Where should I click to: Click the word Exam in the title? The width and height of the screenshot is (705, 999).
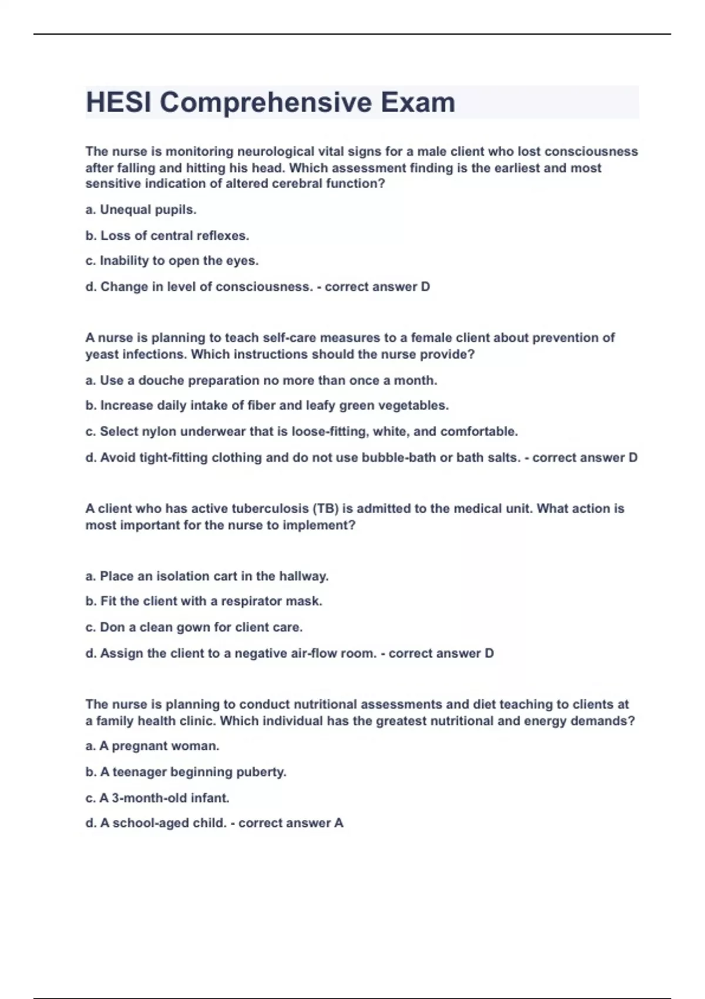(417, 102)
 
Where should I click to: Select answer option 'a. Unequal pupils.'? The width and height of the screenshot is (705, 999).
(141, 210)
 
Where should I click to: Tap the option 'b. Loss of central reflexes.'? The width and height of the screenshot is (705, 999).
(167, 236)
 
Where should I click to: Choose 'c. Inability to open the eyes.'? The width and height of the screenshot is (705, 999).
(172, 261)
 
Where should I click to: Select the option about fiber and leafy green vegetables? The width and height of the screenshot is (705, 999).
(267, 405)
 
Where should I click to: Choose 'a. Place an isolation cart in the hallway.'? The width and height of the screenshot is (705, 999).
(207, 576)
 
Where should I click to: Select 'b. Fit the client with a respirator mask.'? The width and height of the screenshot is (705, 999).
(204, 602)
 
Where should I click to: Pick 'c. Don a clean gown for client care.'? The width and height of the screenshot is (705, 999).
(194, 628)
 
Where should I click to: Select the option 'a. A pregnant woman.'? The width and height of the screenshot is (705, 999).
(152, 746)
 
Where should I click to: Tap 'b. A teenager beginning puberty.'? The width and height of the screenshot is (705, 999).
(186, 772)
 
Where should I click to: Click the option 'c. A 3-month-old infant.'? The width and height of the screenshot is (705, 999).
(157, 798)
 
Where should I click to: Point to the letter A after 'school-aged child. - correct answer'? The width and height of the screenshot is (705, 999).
(338, 823)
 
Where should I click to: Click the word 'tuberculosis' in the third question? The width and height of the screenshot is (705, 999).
(271, 509)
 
